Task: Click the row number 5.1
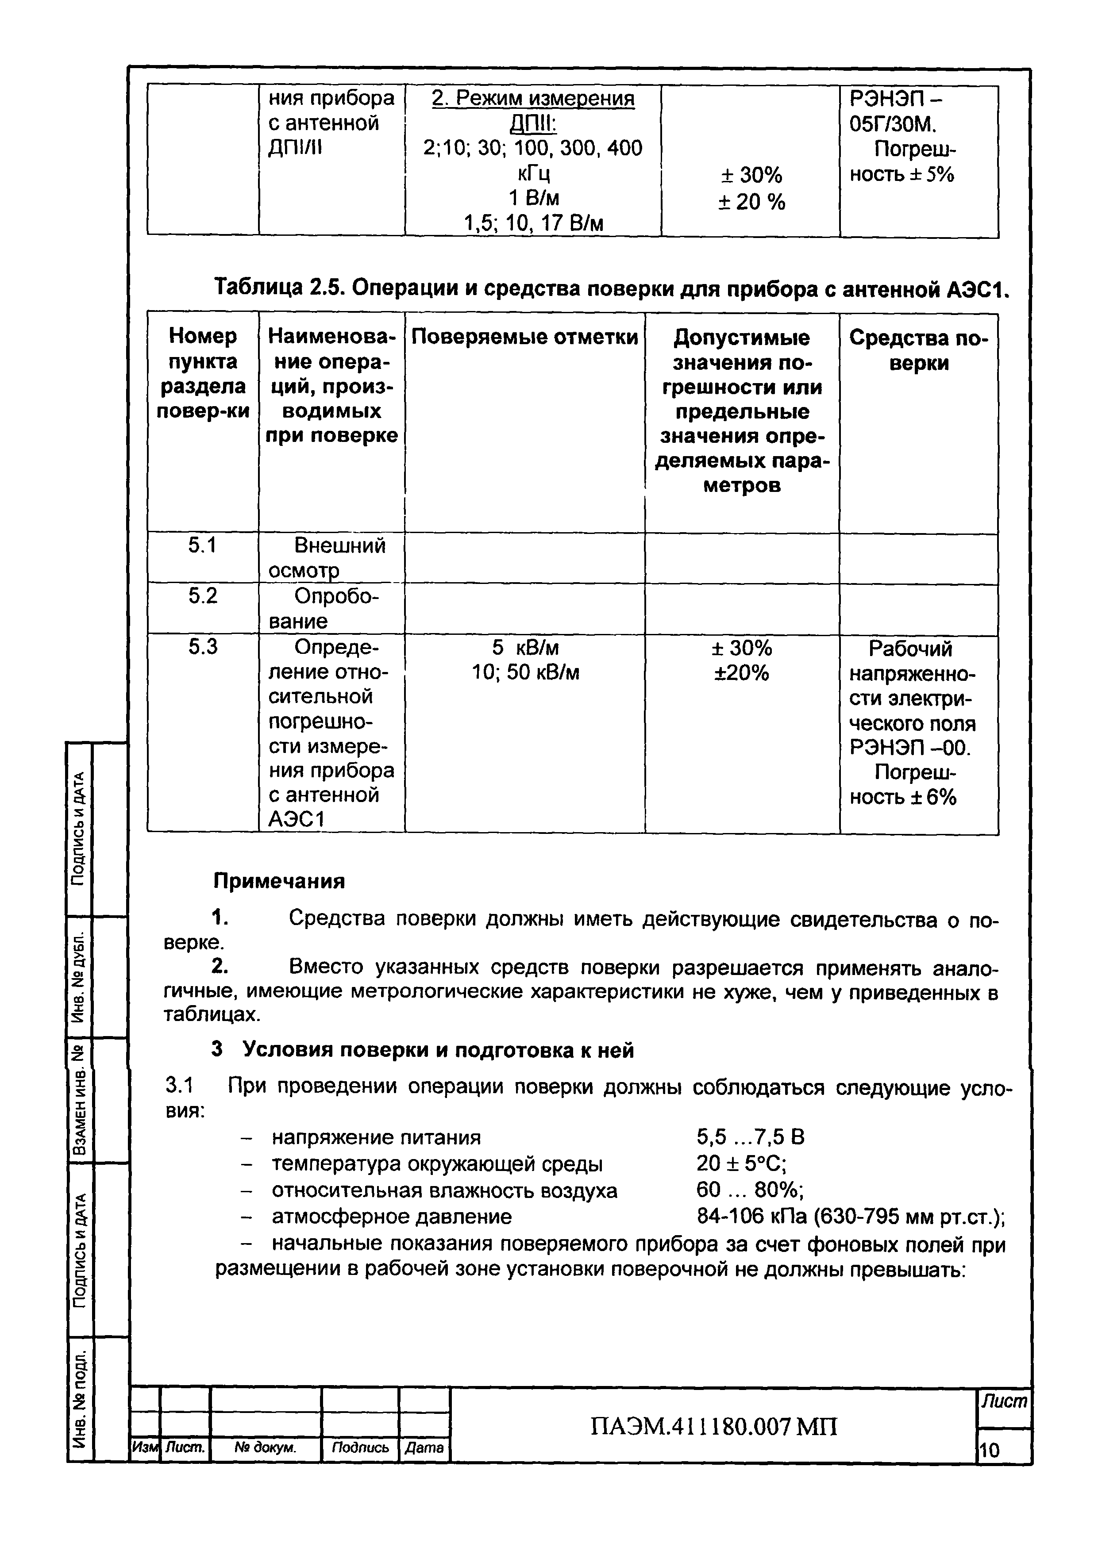pos(202,545)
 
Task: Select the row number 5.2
pos(202,595)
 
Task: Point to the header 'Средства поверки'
pos(918,350)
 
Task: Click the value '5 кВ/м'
pos(525,648)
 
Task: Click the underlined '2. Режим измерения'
pos(533,99)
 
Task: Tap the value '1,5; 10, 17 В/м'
pos(533,223)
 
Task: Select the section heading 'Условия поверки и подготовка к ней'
pos(438,1049)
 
